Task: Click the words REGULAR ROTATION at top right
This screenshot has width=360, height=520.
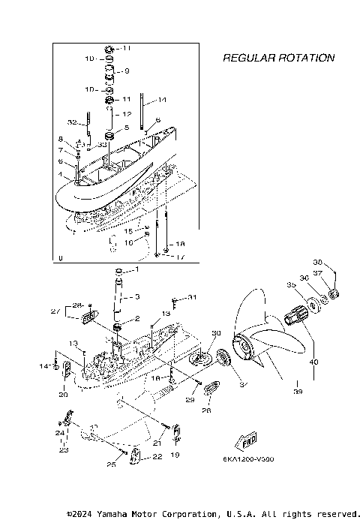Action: point(278,58)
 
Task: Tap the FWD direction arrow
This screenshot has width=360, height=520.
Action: point(244,440)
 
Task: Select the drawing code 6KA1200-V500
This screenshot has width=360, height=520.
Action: point(248,458)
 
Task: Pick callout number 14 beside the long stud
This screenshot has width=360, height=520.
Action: point(162,100)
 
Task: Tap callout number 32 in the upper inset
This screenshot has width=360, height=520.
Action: point(72,122)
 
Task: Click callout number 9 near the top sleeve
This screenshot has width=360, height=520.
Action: point(127,71)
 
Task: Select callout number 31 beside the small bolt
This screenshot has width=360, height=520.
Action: point(193,297)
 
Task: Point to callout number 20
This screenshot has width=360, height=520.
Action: point(64,394)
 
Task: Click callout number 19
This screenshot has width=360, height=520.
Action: point(175,454)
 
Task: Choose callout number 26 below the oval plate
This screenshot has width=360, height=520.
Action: point(206,410)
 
